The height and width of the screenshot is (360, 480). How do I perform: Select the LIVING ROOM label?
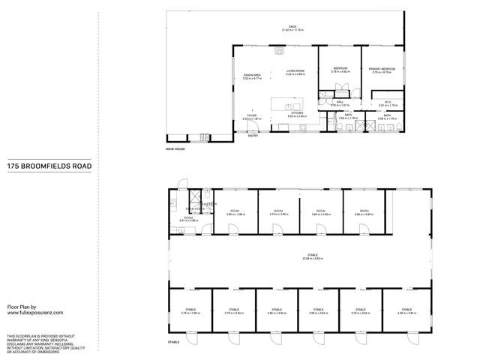(x=295, y=73)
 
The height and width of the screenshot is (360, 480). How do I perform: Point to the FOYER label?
(x=250, y=117)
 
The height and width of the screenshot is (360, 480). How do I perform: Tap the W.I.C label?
(x=388, y=104)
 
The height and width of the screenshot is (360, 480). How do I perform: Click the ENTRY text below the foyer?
(x=252, y=136)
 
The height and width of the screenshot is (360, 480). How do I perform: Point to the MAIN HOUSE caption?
(x=175, y=149)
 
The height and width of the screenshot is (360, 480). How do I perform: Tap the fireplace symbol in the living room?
(x=279, y=52)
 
